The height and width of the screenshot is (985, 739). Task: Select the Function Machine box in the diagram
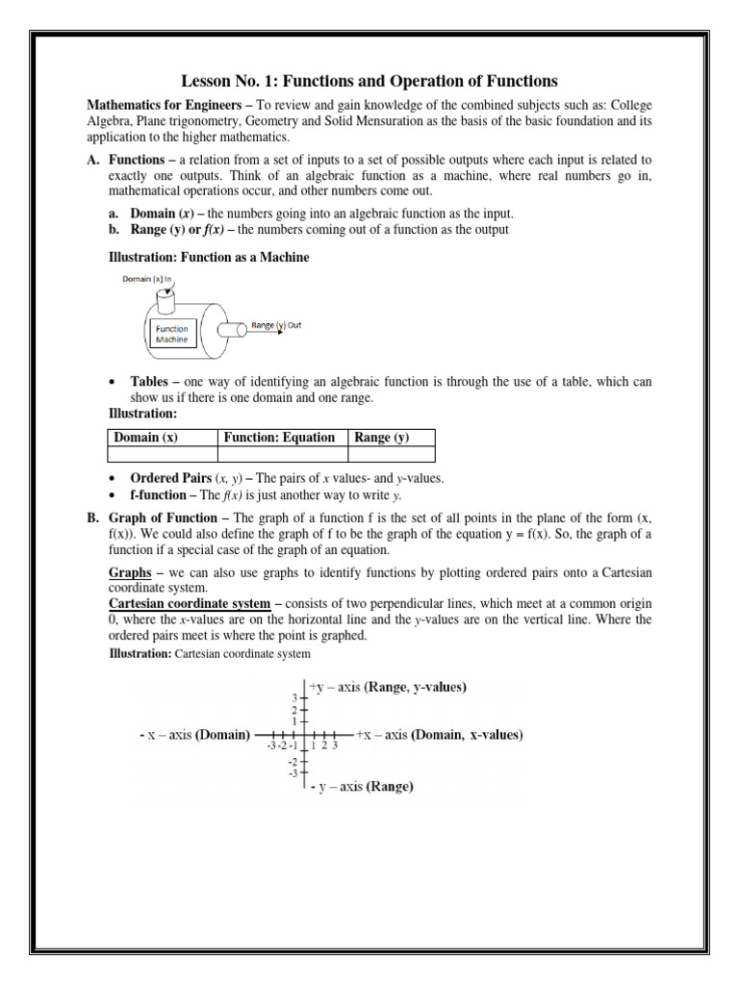pyautogui.click(x=174, y=334)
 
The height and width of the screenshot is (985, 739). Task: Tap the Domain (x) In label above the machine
pyautogui.click(x=145, y=279)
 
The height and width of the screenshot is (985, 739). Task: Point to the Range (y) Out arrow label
pyautogui.click(x=276, y=325)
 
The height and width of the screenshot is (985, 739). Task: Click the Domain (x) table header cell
pyautogui.click(x=145, y=438)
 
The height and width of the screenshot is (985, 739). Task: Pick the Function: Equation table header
pyautogui.click(x=279, y=438)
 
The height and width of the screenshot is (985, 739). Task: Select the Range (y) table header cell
pyautogui.click(x=382, y=438)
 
